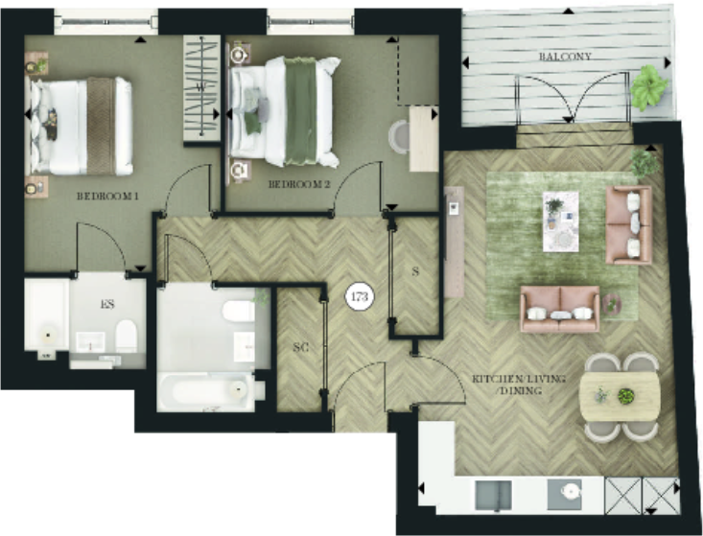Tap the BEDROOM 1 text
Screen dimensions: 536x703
click(x=107, y=197)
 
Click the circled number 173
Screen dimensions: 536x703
click(x=360, y=297)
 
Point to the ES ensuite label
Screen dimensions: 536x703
click(x=107, y=305)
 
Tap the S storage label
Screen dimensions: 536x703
click(x=415, y=271)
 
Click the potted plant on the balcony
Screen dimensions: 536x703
click(x=650, y=87)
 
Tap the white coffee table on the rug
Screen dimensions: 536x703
click(x=561, y=221)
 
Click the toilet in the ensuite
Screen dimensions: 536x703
click(x=126, y=335)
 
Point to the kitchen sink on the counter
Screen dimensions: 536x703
click(x=500, y=495)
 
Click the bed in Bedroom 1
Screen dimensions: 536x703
click(x=81, y=126)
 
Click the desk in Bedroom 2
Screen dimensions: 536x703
click(x=423, y=138)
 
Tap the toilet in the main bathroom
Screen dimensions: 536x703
click(x=234, y=311)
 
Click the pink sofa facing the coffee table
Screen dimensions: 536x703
click(x=559, y=309)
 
